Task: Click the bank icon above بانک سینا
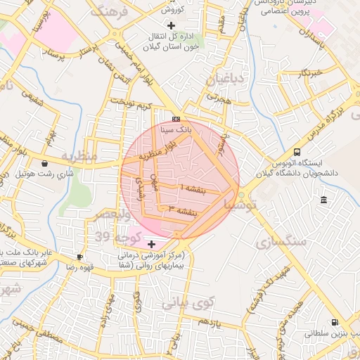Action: [x=175, y=119]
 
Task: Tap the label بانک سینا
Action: [x=176, y=130]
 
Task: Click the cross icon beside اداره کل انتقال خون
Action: [x=172, y=25]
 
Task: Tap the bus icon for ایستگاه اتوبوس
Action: [x=297, y=152]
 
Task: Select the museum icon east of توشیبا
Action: [x=323, y=201]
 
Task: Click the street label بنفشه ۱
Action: [x=193, y=188]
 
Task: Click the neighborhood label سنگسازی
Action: [x=284, y=241]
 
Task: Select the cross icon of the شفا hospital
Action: [x=151, y=243]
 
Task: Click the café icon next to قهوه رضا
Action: [x=79, y=257]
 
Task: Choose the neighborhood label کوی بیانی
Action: [x=186, y=304]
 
